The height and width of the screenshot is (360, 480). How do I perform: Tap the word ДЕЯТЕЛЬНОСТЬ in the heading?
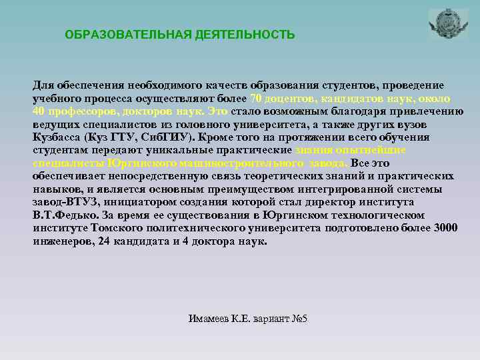tap(241, 34)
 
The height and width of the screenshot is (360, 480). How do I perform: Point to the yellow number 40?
tap(39, 111)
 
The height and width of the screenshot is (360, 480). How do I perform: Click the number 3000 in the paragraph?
tap(445, 229)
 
